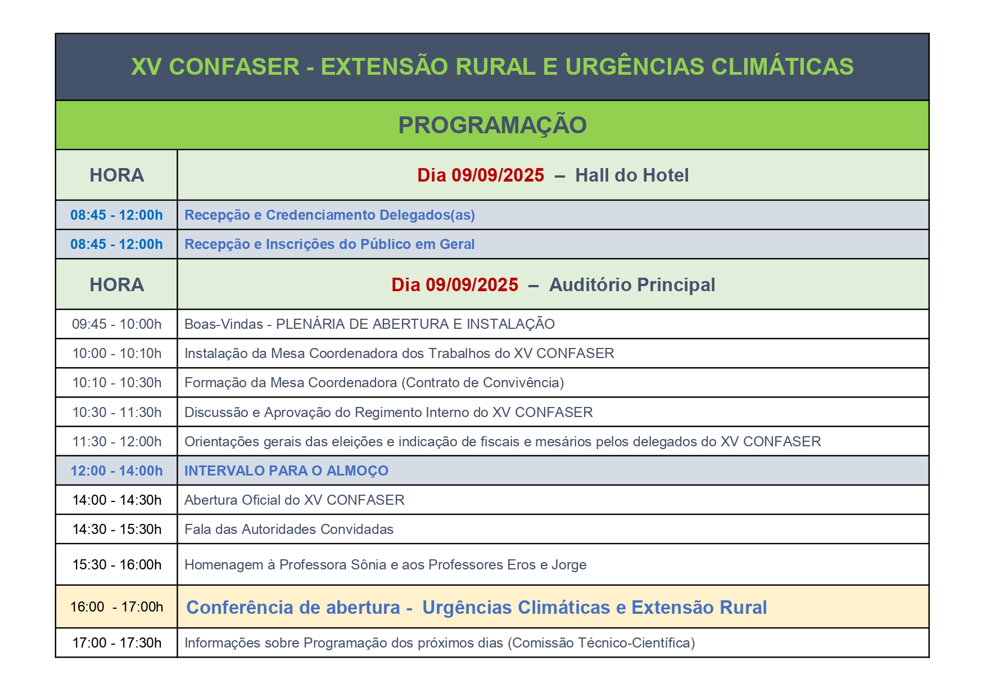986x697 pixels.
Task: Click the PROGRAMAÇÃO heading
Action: (x=492, y=125)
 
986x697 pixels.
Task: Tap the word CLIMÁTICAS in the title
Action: (x=783, y=66)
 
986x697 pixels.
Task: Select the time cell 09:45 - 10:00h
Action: (x=117, y=324)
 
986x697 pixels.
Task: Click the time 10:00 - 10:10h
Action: (x=117, y=354)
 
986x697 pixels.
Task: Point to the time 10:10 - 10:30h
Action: (x=117, y=383)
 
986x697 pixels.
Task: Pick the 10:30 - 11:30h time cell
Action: (x=117, y=413)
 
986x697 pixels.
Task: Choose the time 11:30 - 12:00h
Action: (x=117, y=442)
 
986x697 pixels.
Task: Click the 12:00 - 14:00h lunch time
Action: (x=117, y=471)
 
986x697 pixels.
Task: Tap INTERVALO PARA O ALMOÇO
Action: (x=287, y=471)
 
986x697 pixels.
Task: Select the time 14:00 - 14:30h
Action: (x=117, y=500)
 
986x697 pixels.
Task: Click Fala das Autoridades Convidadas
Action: (x=289, y=529)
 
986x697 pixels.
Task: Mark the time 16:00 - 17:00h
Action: (x=117, y=607)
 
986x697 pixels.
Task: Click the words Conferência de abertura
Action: (x=293, y=608)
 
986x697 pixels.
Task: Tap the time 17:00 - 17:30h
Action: (x=117, y=643)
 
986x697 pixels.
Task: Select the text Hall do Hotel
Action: (x=632, y=175)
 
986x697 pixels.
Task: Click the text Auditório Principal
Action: (x=632, y=285)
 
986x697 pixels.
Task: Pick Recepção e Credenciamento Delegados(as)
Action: (x=330, y=215)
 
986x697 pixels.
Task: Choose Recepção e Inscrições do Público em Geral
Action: (x=330, y=245)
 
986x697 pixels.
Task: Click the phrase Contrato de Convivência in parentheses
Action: (x=483, y=383)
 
